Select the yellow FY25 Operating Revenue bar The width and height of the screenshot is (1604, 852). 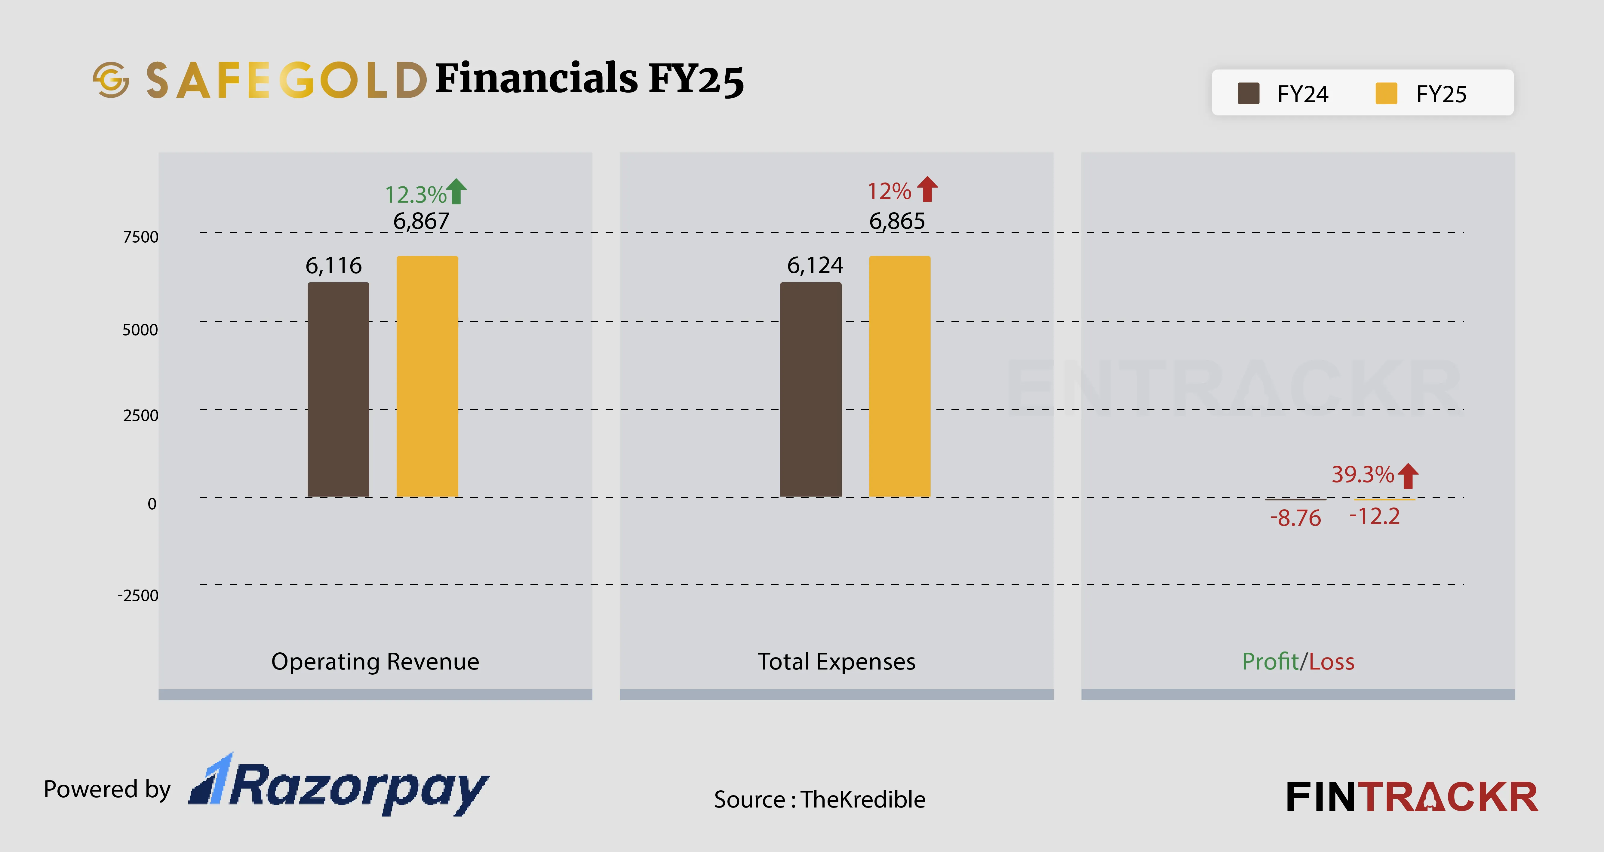[x=427, y=376]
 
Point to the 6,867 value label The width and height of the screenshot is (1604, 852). [x=421, y=221]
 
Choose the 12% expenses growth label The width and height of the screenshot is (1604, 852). [x=889, y=191]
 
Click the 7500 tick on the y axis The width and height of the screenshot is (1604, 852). [x=141, y=237]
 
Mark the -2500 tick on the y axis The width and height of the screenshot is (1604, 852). [x=138, y=596]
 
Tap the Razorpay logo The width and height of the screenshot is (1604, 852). [x=340, y=785]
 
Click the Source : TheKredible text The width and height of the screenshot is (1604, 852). [x=819, y=799]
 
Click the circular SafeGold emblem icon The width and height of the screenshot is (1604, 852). [x=111, y=80]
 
